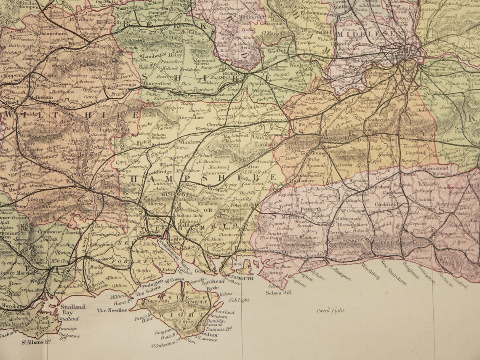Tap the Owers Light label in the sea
coord(330,311)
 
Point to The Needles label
coord(112,310)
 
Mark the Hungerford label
coord(157,83)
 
